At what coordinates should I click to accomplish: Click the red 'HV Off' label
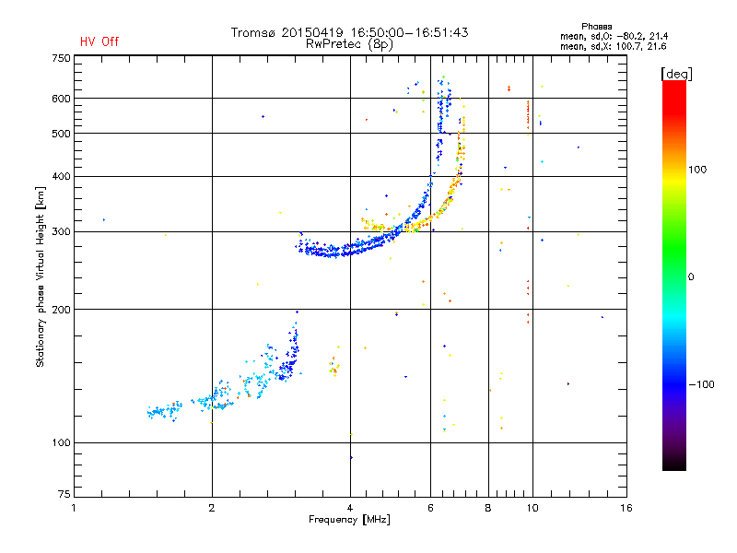coord(99,41)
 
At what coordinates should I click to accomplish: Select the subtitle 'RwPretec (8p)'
coord(349,44)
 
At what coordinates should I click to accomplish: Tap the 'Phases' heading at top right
coord(596,27)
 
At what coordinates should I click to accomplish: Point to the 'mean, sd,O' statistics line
coord(614,36)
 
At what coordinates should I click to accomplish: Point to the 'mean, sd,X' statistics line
coord(614,46)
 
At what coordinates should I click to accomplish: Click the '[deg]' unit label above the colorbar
coord(676,74)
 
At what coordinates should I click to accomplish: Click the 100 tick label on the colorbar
coord(697,170)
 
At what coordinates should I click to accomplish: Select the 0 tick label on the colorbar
coord(691,277)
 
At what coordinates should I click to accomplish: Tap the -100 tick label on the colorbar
coord(701,384)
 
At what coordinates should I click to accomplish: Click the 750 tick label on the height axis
coord(61,58)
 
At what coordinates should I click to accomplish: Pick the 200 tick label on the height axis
coord(61,310)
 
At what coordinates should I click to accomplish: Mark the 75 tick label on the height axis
coord(64,494)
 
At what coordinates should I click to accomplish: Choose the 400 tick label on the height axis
coord(61,176)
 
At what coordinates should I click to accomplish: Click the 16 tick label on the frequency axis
coord(626,508)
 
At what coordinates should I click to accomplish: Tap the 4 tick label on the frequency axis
coord(350,508)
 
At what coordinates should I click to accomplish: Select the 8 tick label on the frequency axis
coord(488,508)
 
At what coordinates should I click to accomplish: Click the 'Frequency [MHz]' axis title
coord(349,520)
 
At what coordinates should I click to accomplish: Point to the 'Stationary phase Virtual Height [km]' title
coord(41,276)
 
